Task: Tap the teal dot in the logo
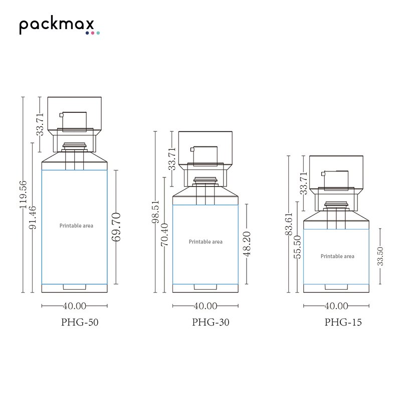pyautogui.click(x=98, y=33)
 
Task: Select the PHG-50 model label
pyautogui.click(x=80, y=322)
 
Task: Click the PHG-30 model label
pyautogui.click(x=211, y=322)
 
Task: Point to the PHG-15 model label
pyautogui.click(x=343, y=322)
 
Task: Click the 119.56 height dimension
pyautogui.click(x=23, y=194)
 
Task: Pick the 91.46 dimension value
pyautogui.click(x=33, y=218)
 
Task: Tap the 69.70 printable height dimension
pyautogui.click(x=116, y=227)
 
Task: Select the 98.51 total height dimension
pyautogui.click(x=155, y=212)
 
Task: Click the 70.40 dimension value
pyautogui.click(x=164, y=235)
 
